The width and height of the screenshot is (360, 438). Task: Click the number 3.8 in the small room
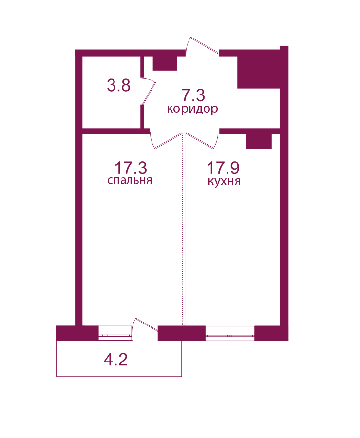click(x=119, y=85)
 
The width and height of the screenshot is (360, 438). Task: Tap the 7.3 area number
click(x=193, y=95)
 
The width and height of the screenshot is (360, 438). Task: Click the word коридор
click(x=192, y=109)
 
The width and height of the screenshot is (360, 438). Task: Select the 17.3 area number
click(x=131, y=168)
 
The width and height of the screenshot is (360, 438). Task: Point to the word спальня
click(x=130, y=180)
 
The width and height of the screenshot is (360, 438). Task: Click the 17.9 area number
click(x=223, y=168)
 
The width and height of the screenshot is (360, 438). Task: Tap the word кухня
click(x=224, y=182)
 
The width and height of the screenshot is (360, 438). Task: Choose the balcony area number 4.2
click(x=115, y=360)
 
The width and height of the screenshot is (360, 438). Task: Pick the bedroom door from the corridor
click(x=167, y=140)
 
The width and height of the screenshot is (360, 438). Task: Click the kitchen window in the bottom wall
click(x=230, y=333)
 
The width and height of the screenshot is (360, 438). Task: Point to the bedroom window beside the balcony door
click(x=115, y=333)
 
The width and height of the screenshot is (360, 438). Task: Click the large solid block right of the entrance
click(x=259, y=72)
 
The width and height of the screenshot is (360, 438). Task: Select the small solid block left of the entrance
click(x=165, y=63)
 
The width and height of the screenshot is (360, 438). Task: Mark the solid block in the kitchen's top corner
click(x=259, y=142)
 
